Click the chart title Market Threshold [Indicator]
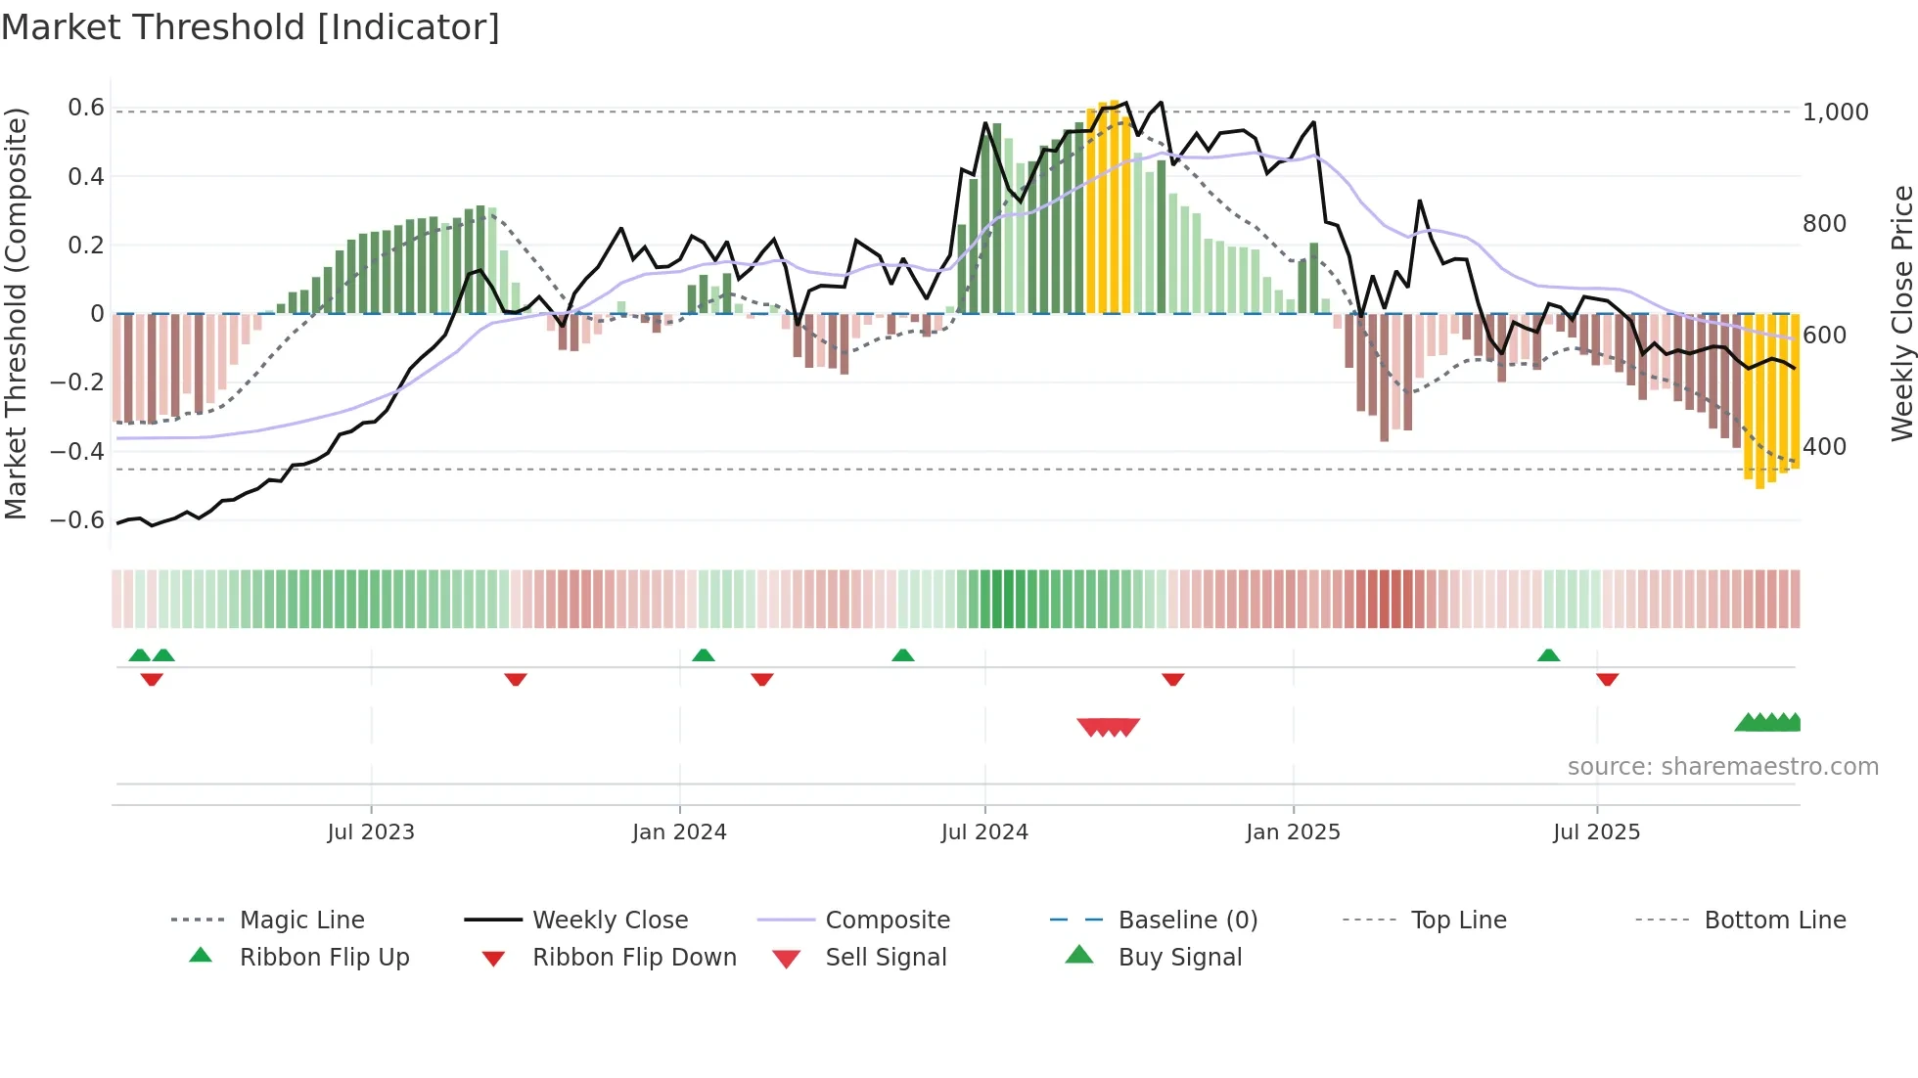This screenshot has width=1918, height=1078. pos(251,27)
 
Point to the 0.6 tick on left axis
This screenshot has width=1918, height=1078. pos(86,108)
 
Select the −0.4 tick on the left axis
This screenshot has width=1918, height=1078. pos(77,451)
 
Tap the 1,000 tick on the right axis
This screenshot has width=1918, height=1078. pos(1835,112)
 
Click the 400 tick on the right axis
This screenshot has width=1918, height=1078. pos(1824,447)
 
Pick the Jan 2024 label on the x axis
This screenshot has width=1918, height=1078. pos(679,832)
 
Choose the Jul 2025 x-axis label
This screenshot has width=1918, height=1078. pos(1596,832)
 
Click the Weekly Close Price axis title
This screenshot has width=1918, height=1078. pos(1900,313)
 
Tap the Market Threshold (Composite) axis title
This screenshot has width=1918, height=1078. pos(16,313)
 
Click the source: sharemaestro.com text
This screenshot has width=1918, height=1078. pos(1722,767)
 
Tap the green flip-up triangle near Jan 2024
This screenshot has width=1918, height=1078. pos(704,655)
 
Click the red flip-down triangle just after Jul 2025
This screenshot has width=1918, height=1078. pos(1607,679)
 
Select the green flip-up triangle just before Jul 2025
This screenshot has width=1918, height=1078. pos(1548,655)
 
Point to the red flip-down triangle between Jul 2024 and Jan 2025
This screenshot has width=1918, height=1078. pos(1172,679)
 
